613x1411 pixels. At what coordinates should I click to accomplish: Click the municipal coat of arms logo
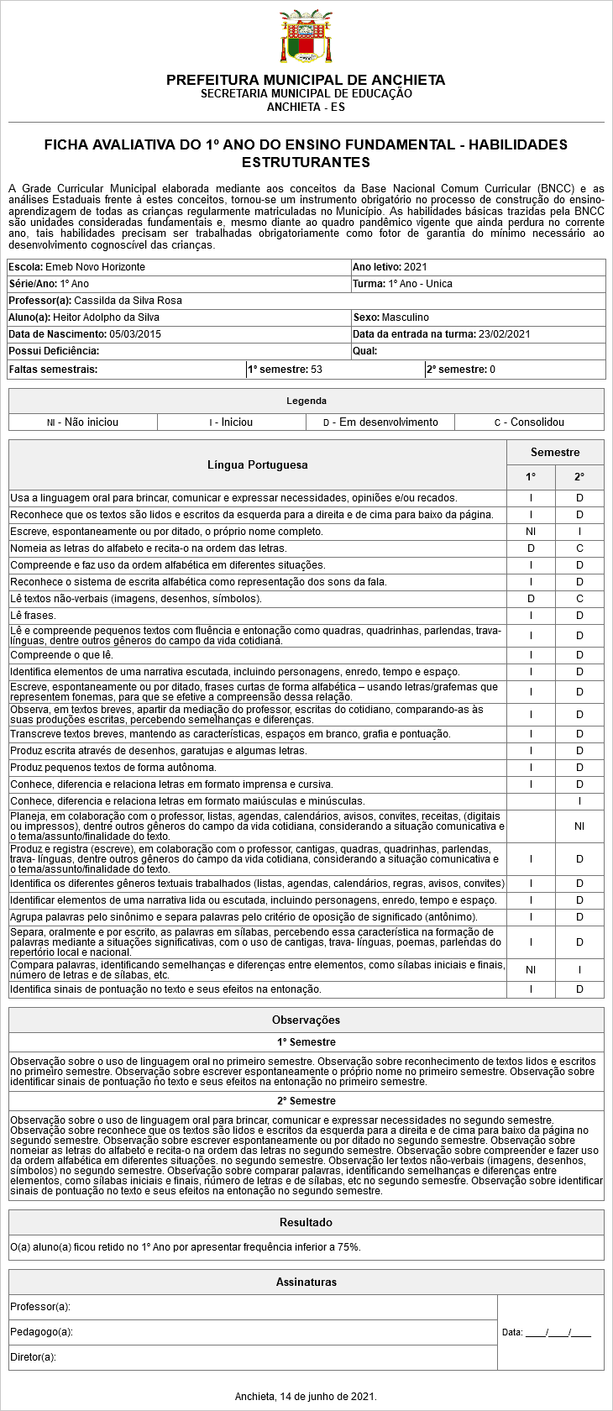[306, 37]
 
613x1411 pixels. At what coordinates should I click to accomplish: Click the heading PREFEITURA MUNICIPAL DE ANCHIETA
[306, 80]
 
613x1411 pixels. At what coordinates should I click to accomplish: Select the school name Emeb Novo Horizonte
[95, 267]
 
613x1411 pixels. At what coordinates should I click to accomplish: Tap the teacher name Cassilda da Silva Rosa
[128, 301]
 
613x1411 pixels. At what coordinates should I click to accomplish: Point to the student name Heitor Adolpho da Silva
[106, 317]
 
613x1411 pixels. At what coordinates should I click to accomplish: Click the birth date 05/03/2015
[135, 334]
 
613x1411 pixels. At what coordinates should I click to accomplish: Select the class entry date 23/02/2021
[505, 334]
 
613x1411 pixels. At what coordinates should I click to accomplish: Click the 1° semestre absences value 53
[317, 370]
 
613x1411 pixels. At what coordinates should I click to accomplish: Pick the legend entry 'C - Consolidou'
[529, 422]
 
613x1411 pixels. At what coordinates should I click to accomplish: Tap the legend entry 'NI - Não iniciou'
[82, 422]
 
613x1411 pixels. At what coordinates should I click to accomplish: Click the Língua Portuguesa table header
[257, 464]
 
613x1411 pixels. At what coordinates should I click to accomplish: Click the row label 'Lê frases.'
[33, 616]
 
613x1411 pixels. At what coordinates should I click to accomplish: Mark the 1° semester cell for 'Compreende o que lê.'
[531, 655]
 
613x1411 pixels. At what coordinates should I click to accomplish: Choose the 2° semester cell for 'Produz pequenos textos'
[579, 768]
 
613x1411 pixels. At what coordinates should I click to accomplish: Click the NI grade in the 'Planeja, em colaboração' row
[579, 826]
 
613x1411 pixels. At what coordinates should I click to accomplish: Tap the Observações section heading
[306, 1020]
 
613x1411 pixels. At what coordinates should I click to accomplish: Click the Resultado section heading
[306, 1222]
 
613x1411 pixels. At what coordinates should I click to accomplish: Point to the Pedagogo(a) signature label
[41, 1332]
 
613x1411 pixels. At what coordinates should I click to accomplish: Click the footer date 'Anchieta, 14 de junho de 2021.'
[306, 1397]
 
